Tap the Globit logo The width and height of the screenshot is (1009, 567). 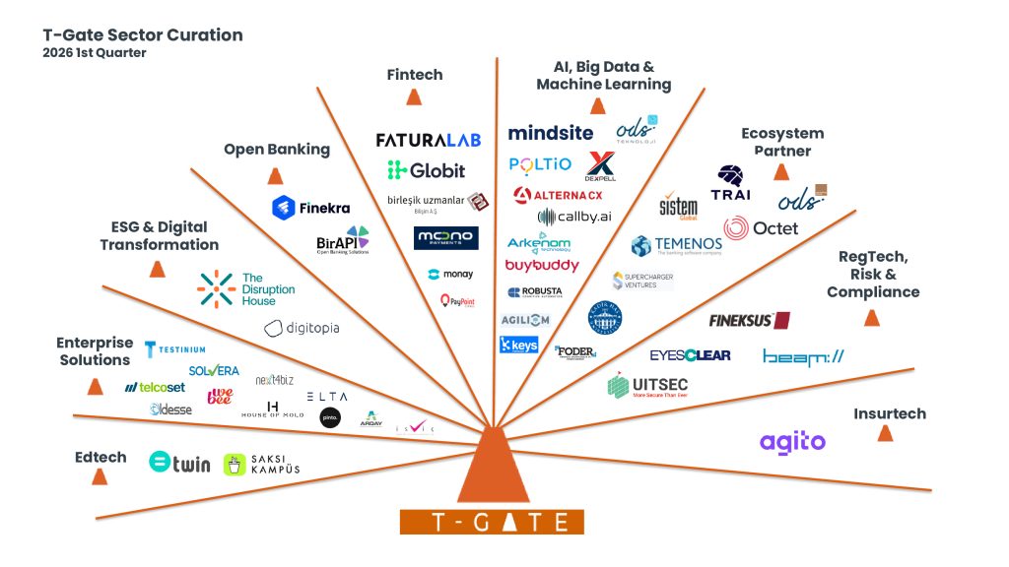426,170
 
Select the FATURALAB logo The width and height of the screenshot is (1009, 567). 429,140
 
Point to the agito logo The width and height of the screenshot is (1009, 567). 792,442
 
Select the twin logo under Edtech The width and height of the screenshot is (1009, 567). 179,462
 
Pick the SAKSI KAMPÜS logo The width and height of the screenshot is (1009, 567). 261,465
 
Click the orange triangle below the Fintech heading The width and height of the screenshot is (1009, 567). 415,97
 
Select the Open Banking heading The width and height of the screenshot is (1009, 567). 277,150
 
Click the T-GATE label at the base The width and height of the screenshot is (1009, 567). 492,522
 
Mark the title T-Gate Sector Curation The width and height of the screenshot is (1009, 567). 143,35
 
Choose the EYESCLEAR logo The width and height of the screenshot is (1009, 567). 690,354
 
